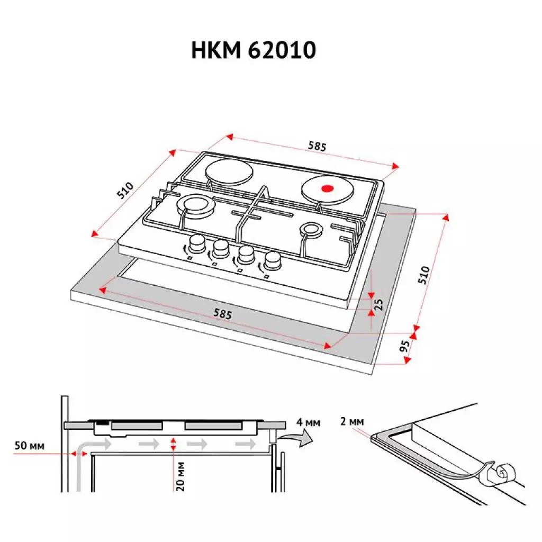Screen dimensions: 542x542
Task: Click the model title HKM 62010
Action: pos(253,50)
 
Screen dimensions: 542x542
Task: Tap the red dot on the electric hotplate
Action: pos(328,188)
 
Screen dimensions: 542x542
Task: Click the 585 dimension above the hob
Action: pos(317,147)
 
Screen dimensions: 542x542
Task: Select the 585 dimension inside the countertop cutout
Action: pos(223,313)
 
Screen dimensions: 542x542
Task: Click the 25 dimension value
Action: pos(378,304)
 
